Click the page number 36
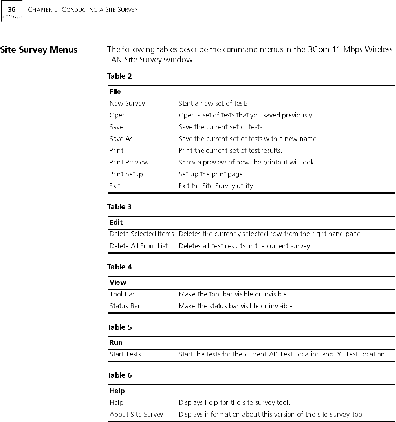click(x=12, y=9)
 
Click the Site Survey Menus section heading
click(x=39, y=50)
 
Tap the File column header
click(x=115, y=91)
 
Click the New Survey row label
click(x=127, y=104)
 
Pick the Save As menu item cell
click(x=121, y=139)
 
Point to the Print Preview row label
click(x=129, y=162)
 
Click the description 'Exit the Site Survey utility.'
click(x=216, y=186)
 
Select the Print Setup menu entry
click(x=126, y=174)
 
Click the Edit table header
click(x=116, y=222)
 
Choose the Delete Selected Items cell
click(x=141, y=234)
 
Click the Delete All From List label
click(x=138, y=246)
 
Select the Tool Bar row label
click(x=122, y=294)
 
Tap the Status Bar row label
click(x=125, y=306)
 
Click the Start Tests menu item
click(x=125, y=354)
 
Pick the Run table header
click(x=116, y=342)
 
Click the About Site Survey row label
click(x=136, y=414)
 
